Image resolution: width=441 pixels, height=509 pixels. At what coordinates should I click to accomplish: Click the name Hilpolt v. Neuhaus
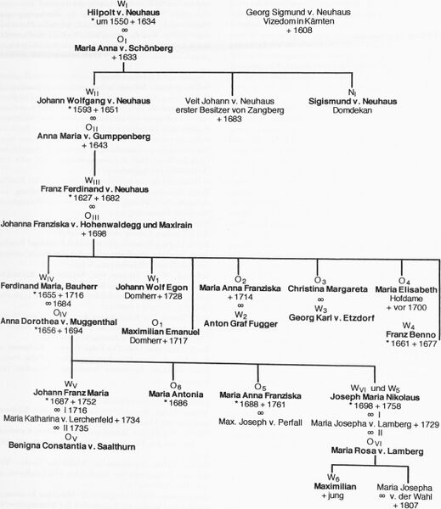(x=123, y=13)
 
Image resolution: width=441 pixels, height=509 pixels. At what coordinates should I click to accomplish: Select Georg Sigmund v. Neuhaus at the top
(x=298, y=13)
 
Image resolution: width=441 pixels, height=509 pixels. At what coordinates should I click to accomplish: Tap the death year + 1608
(x=299, y=31)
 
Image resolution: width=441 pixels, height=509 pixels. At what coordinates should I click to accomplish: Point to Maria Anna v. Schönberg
(x=123, y=48)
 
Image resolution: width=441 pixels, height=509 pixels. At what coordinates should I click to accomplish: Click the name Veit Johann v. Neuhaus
(x=229, y=101)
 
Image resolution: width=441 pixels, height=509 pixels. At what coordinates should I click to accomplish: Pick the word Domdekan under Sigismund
(x=353, y=110)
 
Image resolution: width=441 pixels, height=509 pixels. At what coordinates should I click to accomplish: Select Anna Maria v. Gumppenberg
(x=93, y=137)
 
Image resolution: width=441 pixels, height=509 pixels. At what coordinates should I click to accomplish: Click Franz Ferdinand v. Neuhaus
(x=94, y=189)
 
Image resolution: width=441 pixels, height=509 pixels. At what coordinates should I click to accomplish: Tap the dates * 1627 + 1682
(x=94, y=198)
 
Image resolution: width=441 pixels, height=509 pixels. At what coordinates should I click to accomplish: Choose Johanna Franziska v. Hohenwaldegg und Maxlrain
(x=96, y=225)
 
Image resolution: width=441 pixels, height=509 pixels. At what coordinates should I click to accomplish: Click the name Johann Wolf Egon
(x=151, y=288)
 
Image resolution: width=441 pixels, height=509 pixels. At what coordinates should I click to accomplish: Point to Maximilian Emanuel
(x=161, y=332)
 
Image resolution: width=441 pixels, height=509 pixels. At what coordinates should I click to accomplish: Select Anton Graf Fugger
(x=240, y=324)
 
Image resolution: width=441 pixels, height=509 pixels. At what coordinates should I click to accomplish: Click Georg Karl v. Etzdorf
(x=331, y=318)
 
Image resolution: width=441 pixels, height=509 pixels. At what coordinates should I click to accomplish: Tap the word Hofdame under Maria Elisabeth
(x=406, y=299)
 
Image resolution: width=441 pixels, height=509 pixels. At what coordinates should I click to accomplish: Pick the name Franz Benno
(x=410, y=335)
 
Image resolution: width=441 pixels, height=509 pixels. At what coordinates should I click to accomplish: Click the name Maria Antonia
(x=176, y=394)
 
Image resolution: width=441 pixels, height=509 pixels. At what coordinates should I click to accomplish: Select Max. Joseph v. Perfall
(x=260, y=422)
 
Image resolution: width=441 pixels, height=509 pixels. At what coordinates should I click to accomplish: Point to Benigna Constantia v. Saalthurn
(x=72, y=446)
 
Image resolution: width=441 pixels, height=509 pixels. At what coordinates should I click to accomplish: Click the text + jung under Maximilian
(x=332, y=495)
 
